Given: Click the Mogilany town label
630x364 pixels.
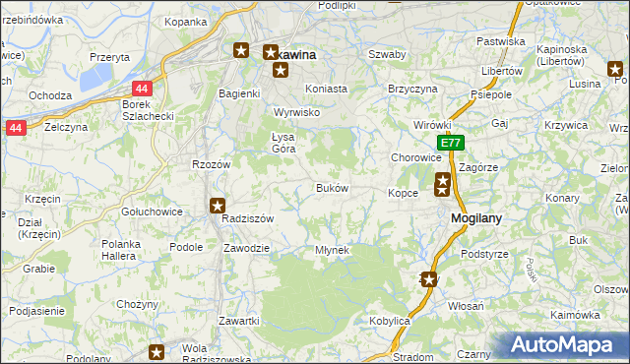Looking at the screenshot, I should (x=477, y=218).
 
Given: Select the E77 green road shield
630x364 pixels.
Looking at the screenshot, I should (x=450, y=144).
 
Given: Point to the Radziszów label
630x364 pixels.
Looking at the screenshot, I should (x=246, y=219).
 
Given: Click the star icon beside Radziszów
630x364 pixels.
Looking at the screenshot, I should (x=217, y=206).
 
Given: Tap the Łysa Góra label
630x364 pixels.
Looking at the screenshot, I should (x=283, y=143).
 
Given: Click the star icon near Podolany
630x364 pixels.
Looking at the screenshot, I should (x=156, y=351).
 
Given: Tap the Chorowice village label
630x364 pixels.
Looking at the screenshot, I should (x=415, y=157).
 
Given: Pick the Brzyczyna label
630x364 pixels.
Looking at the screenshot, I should (x=412, y=88).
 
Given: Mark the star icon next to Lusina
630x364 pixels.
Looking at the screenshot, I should (x=616, y=69).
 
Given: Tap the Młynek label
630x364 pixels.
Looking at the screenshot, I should (x=332, y=250).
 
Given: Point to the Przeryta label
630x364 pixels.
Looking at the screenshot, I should (x=109, y=57).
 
